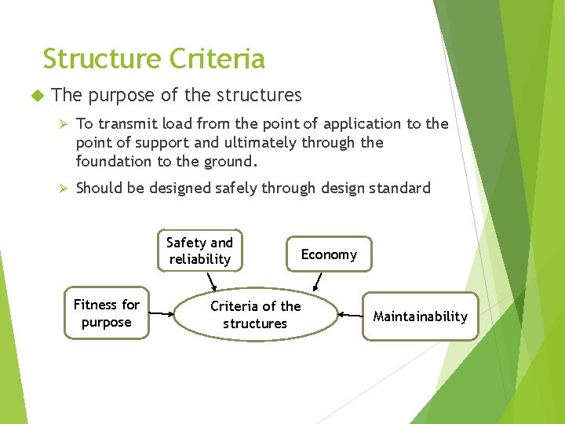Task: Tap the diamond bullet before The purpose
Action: point(35,96)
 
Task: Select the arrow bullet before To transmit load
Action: point(67,124)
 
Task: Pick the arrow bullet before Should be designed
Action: point(67,188)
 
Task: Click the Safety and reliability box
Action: point(200,251)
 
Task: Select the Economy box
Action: point(329,254)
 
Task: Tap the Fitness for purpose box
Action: point(106,313)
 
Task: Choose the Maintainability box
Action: point(420,316)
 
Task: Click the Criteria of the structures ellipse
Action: point(255,315)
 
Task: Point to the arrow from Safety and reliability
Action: point(210,281)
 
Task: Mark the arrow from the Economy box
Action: point(317,281)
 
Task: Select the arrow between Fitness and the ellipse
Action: point(162,314)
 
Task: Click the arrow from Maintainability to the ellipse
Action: point(349,316)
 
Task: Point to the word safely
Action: point(237,188)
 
